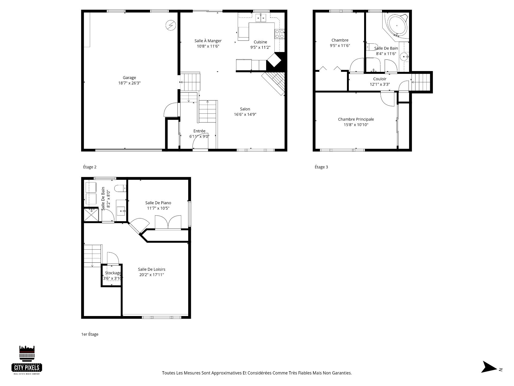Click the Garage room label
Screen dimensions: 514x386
click(x=129, y=78)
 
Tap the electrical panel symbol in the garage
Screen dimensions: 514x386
click(x=171, y=25)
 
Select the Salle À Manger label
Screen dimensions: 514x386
click(x=208, y=41)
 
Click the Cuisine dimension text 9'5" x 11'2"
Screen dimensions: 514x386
click(x=260, y=47)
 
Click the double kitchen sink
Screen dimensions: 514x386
click(x=260, y=18)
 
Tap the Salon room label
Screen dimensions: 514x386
click(x=245, y=109)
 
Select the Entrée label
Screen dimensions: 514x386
click(x=199, y=131)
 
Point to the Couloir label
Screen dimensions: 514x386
click(x=380, y=79)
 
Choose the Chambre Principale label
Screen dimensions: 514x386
click(x=356, y=119)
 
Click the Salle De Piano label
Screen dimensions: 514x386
click(x=158, y=203)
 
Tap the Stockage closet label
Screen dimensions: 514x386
click(x=113, y=273)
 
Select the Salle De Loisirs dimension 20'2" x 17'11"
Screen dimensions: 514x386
click(x=152, y=275)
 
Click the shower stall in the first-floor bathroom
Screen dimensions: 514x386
click(x=91, y=214)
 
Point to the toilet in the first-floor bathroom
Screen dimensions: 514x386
click(x=120, y=189)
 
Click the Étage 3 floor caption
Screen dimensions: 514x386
click(x=321, y=167)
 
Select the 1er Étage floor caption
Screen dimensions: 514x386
click(x=90, y=334)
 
